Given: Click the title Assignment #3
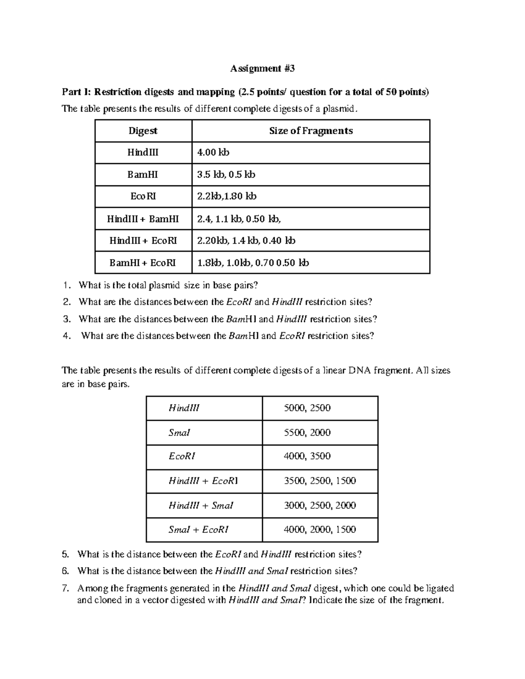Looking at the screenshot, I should [x=262, y=68].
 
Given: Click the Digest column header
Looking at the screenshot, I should [x=143, y=131].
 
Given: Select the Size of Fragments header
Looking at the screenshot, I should [x=311, y=131].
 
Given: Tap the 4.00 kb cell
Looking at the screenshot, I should [x=213, y=153].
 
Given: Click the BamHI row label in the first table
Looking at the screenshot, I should [x=143, y=174].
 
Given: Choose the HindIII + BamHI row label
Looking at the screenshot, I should [x=143, y=219].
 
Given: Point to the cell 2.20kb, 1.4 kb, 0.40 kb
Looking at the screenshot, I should [x=246, y=240].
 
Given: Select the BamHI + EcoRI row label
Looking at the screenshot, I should [x=143, y=263].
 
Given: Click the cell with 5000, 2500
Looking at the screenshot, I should [x=307, y=408].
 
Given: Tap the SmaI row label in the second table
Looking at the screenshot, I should [x=179, y=432].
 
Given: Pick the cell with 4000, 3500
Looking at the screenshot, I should [x=307, y=456].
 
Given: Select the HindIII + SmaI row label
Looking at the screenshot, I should [x=201, y=505].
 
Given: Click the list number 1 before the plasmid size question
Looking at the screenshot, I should [x=66, y=286].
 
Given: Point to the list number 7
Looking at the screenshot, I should [x=66, y=588].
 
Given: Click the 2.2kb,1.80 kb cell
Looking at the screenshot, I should [x=227, y=196].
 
